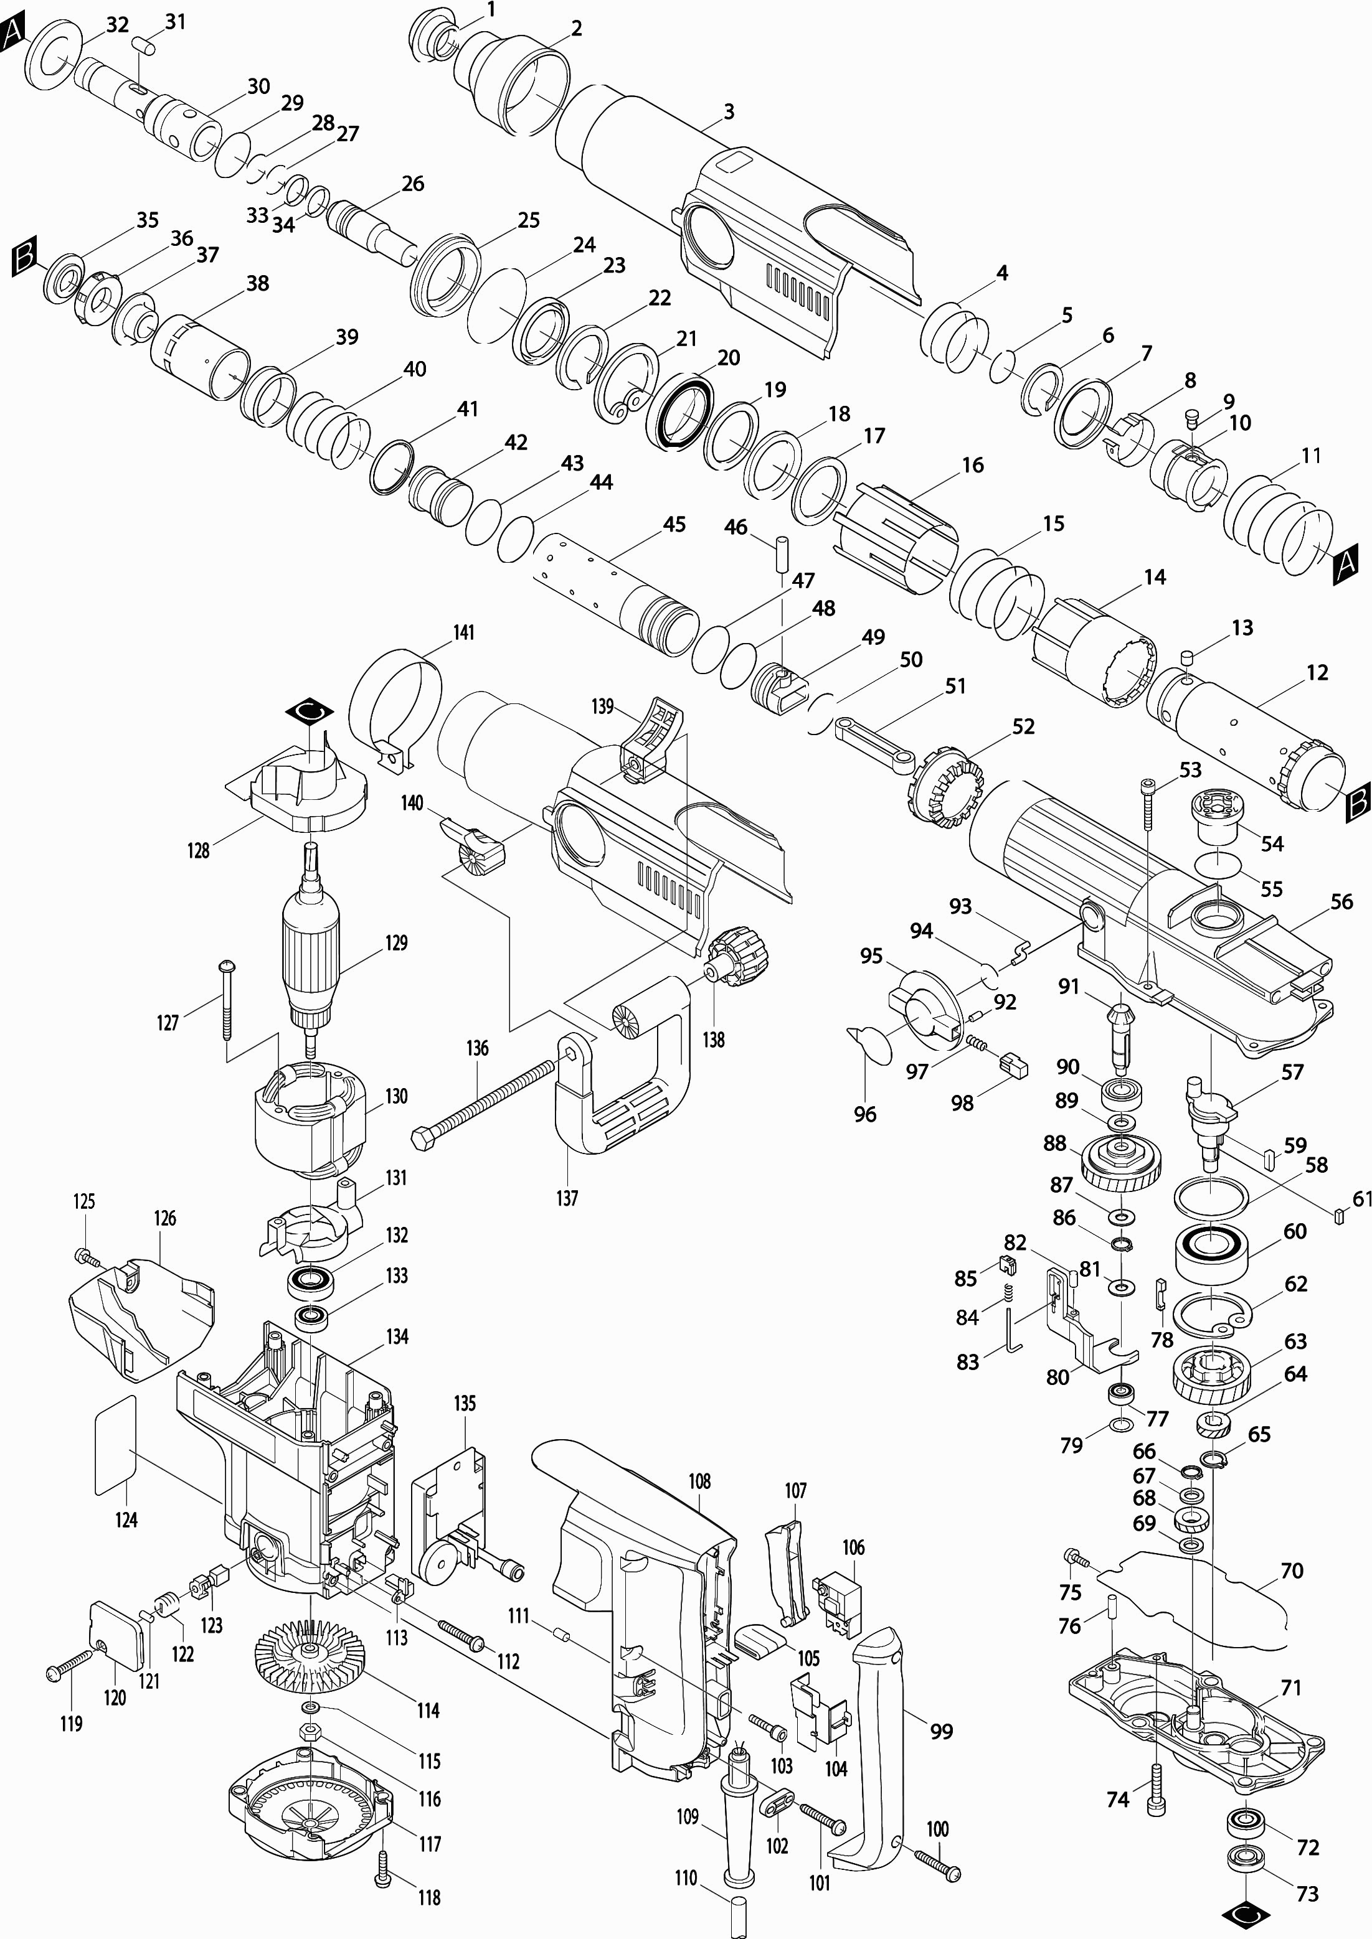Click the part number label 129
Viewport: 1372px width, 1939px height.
tap(396, 942)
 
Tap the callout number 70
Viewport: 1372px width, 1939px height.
tap(1292, 1570)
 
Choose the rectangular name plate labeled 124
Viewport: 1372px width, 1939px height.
tap(115, 1445)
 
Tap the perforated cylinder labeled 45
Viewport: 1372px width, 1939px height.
tap(617, 591)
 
